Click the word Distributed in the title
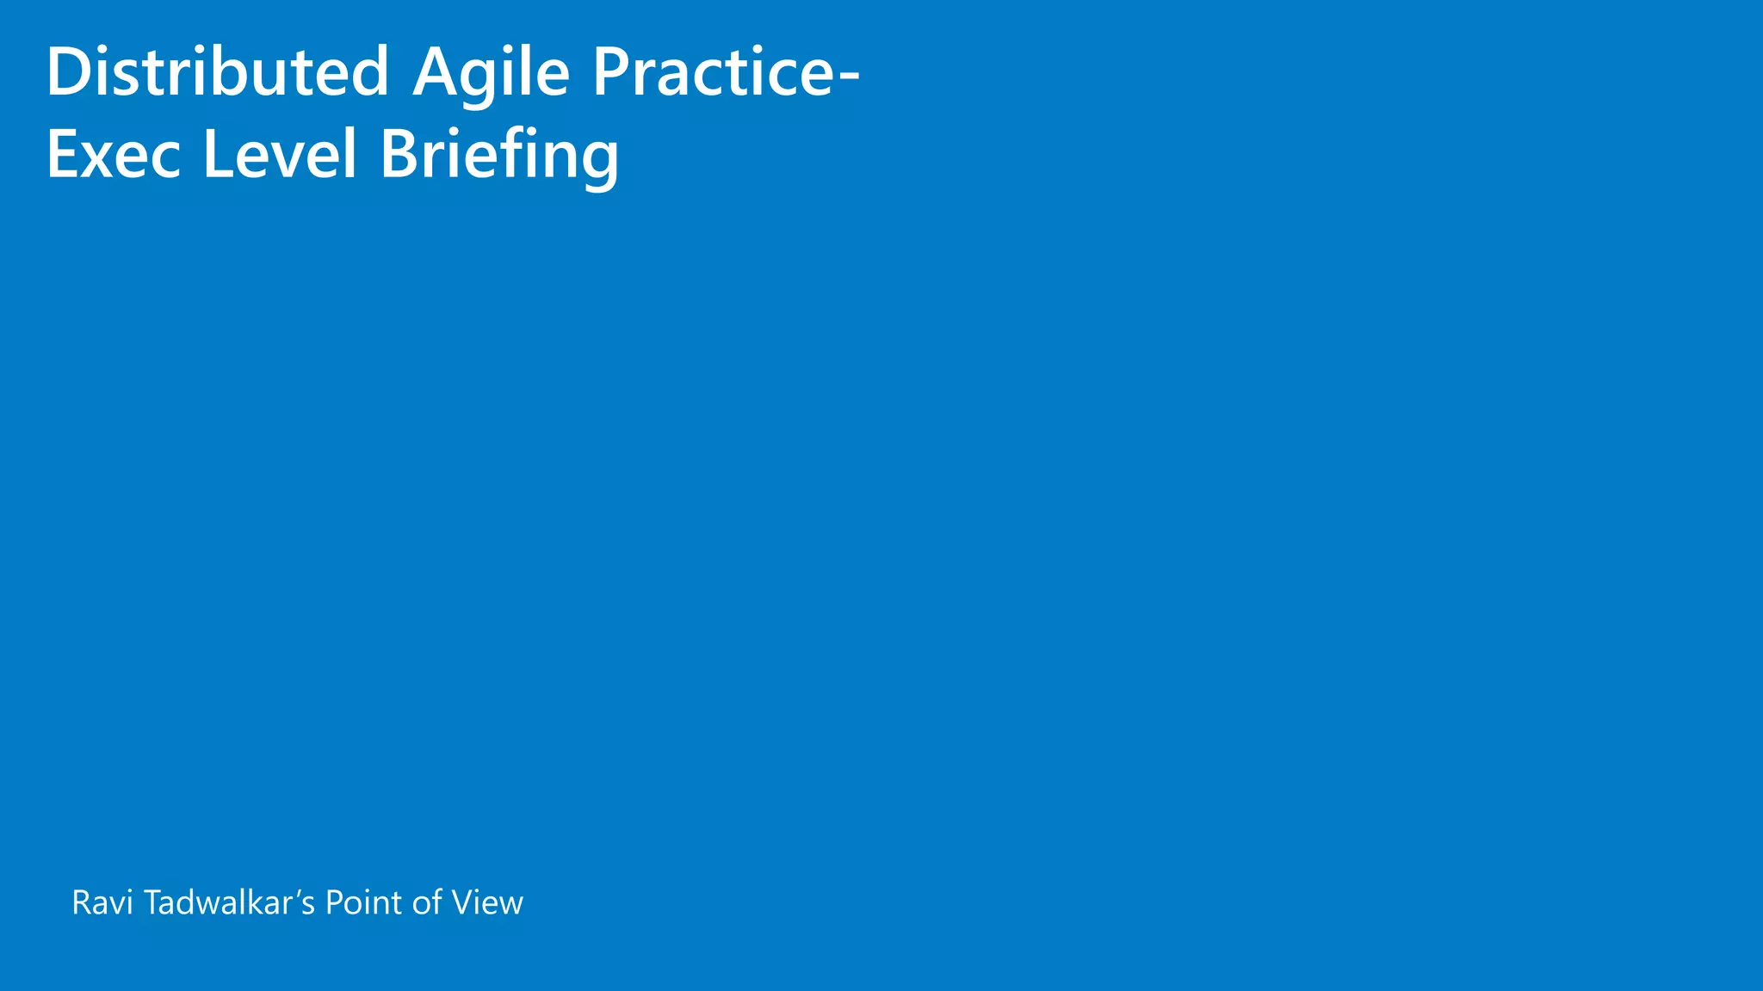click(x=217, y=72)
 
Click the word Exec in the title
click(x=114, y=155)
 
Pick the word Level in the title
click(x=279, y=155)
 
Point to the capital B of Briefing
click(x=401, y=155)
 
